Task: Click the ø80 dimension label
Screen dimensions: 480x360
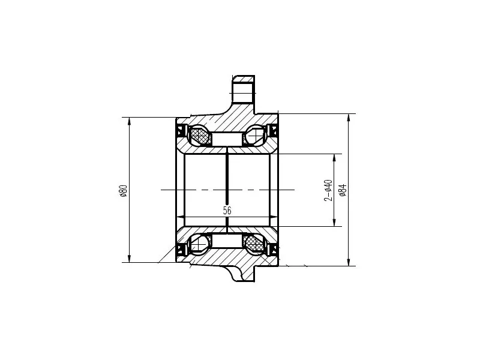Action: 123,190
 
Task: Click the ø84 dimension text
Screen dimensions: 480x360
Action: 343,190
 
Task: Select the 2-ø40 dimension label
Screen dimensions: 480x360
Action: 328,190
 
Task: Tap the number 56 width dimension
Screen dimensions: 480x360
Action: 227,211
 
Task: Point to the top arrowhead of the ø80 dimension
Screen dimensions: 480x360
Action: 129,121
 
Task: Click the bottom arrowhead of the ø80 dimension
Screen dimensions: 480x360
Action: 129,259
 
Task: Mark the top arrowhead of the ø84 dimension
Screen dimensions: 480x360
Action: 349,118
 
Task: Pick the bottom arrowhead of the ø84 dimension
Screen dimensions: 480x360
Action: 349,262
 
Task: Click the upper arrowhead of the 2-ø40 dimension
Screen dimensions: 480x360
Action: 334,158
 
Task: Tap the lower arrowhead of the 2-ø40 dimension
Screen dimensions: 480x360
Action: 334,223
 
